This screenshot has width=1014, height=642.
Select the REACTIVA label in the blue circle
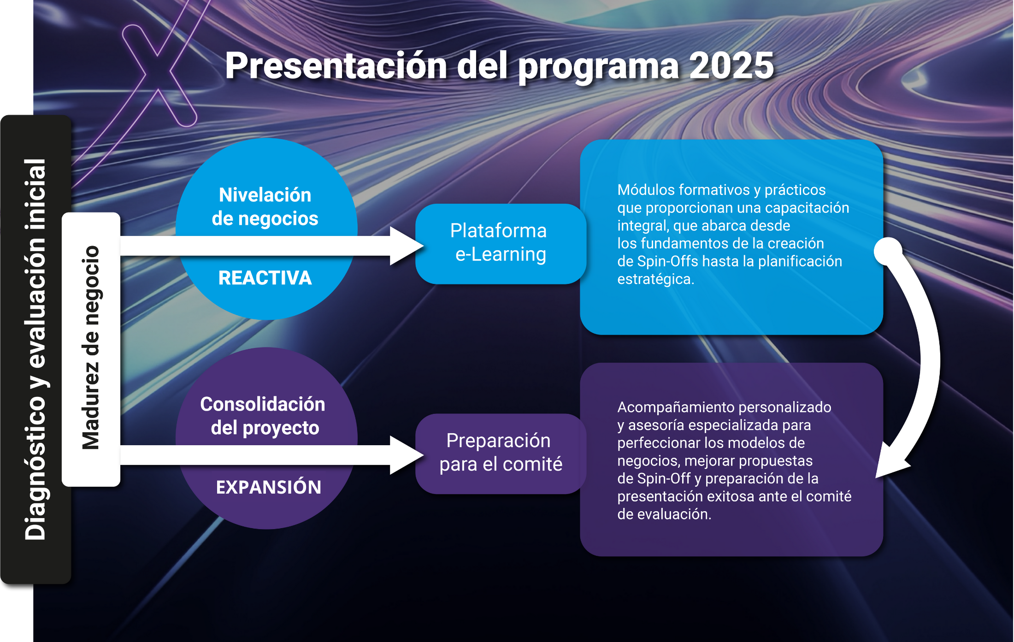tap(265, 278)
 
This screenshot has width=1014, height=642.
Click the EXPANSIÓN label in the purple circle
tap(269, 487)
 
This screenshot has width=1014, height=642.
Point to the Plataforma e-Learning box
tap(501, 243)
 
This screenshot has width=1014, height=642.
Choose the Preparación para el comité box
tap(501, 454)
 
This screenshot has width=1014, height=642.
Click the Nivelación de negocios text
tap(265, 207)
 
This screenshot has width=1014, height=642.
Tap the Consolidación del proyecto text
tap(263, 416)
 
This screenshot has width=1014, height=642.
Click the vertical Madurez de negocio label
tap(91, 348)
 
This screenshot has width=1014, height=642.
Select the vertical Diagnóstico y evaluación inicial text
tap(35, 349)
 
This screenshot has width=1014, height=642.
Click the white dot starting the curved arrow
tap(888, 252)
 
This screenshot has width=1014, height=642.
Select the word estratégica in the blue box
tap(655, 279)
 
